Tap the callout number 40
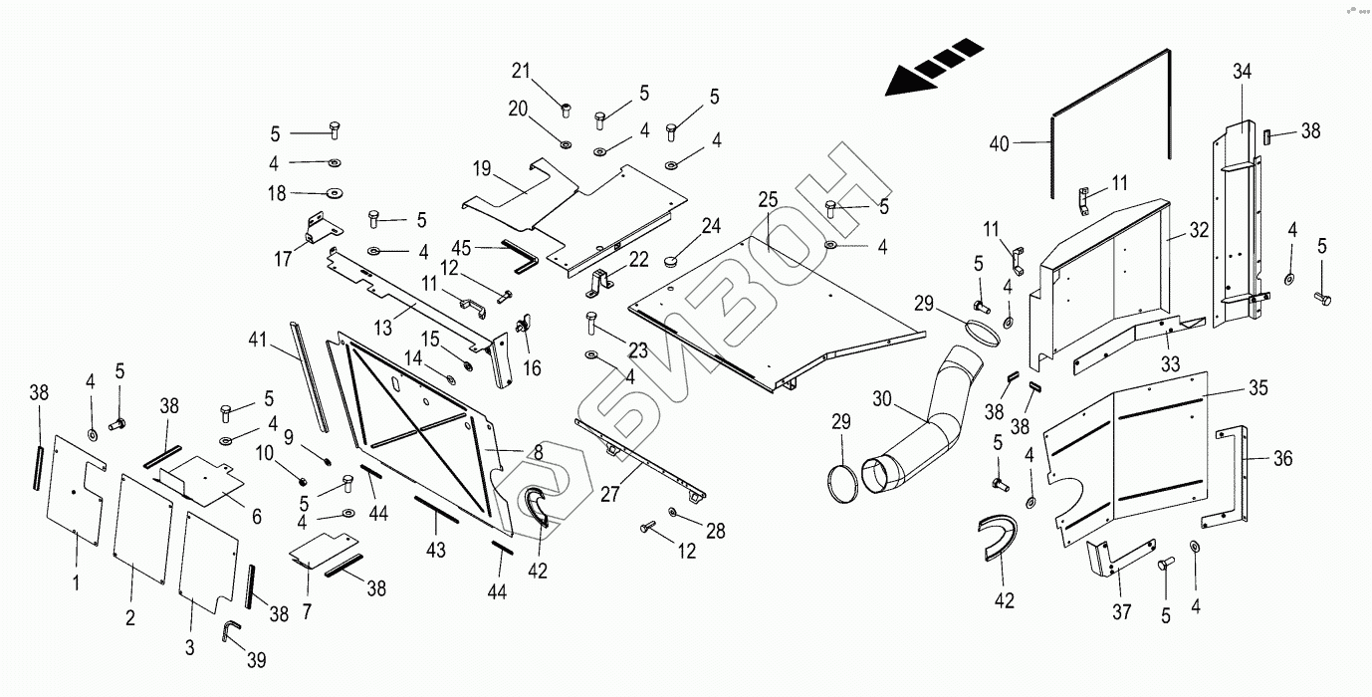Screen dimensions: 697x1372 click(1000, 144)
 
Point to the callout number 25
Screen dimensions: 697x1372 click(767, 201)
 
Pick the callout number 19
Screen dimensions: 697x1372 click(482, 169)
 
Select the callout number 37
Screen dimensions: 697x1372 click(1122, 611)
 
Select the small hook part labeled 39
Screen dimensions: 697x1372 click(230, 630)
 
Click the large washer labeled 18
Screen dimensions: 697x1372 click(334, 193)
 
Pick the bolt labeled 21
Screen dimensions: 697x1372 click(565, 110)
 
